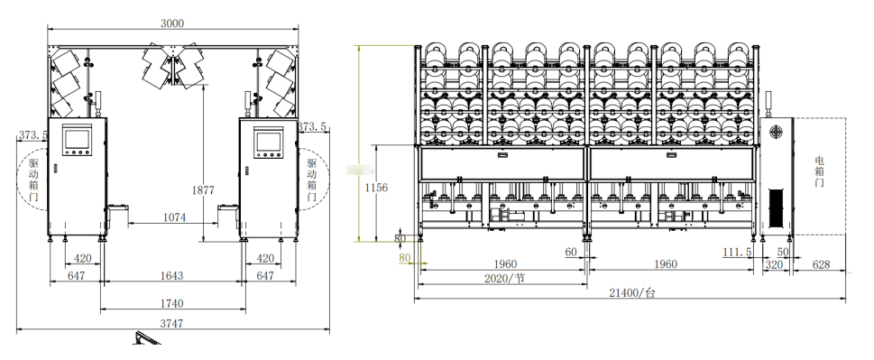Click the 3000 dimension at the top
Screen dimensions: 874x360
click(171, 23)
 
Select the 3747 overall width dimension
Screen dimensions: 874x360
click(171, 323)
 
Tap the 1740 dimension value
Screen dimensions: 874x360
click(171, 304)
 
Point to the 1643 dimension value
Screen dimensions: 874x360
click(171, 276)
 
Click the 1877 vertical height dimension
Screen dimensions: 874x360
click(203, 190)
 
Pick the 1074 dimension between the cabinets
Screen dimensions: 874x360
click(174, 217)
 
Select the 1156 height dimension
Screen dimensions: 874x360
click(376, 188)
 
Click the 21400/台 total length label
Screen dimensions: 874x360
click(632, 292)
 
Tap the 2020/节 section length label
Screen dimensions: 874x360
click(504, 278)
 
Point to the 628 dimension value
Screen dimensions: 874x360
click(822, 264)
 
